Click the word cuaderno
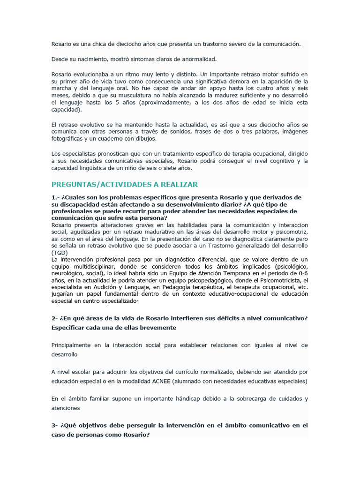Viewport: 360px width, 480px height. click(125, 139)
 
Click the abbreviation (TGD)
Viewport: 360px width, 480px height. click(60, 253)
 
